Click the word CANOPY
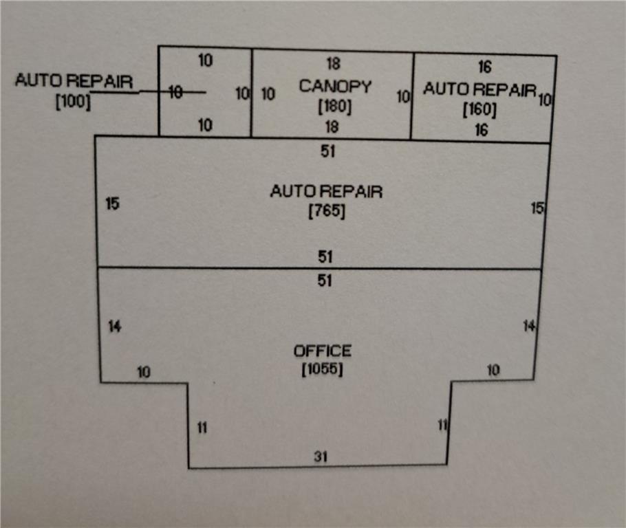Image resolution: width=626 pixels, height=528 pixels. pos(335,87)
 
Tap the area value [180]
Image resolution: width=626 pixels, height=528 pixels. pos(334,107)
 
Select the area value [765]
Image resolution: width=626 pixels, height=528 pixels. pos(326,211)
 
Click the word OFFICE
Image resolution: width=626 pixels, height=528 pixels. pos(323,351)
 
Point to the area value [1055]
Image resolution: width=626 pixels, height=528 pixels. pos(322,369)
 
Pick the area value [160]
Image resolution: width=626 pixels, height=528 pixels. pos(479,109)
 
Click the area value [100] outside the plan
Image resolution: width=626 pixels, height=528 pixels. pos(73,102)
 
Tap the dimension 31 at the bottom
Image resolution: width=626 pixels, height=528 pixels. pos(321,455)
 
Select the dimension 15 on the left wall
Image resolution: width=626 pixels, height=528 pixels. pos(112,203)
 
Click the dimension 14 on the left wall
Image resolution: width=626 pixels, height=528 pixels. pos(114,327)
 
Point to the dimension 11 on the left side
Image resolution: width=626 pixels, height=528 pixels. pos(202,428)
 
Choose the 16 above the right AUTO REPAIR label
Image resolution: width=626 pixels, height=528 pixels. pos(484,67)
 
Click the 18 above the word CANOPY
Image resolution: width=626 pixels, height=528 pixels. pos(333,64)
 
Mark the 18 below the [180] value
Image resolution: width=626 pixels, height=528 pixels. pos(333,127)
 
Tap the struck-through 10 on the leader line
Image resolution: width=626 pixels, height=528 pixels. pos(175,92)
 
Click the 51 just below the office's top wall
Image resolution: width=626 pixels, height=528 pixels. pos(326,280)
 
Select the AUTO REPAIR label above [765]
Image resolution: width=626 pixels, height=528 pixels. pos(326,191)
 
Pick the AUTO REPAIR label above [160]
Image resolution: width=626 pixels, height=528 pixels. pos(479,89)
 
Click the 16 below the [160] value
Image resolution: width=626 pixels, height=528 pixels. pos(481,129)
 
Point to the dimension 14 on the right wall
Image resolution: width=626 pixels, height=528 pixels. pos(529,326)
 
